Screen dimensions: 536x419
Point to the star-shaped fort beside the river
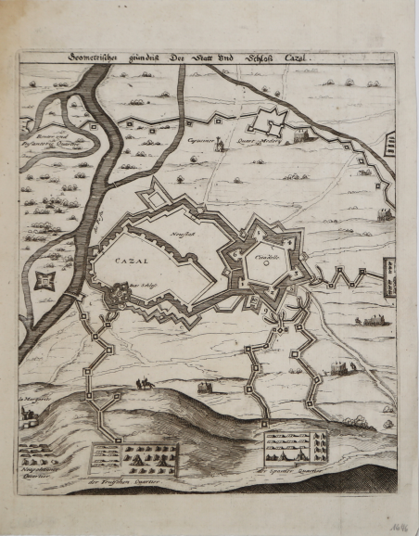44,281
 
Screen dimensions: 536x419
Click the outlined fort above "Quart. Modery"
272,119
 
